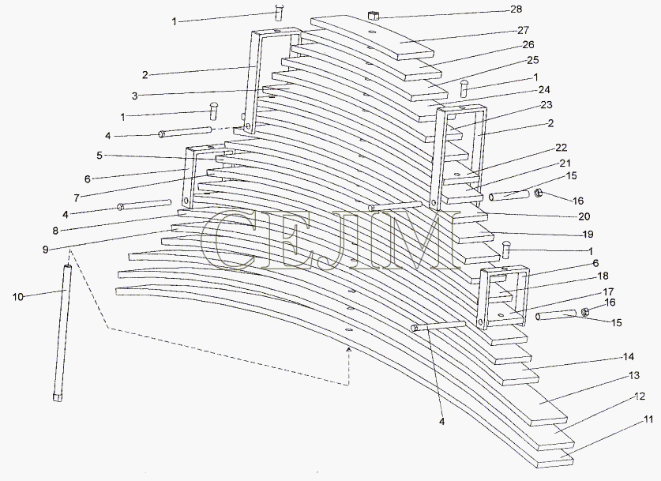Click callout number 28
[x=516, y=9]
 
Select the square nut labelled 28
[x=374, y=16]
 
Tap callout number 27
[x=523, y=30]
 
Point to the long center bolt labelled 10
[x=62, y=333]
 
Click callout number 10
[x=18, y=297]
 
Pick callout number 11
[x=648, y=419]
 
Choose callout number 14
[x=628, y=357]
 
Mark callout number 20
[x=584, y=216]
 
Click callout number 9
[x=46, y=249]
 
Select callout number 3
[x=134, y=96]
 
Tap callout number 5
[x=100, y=156]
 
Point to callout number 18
[x=603, y=276]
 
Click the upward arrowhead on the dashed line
[x=348, y=349]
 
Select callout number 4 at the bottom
[x=441, y=421]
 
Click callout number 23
[x=546, y=104]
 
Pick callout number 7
[x=77, y=197]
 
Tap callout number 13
[x=633, y=375]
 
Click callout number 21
[x=565, y=163]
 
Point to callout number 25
[x=533, y=60]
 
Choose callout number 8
[x=55, y=231]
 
